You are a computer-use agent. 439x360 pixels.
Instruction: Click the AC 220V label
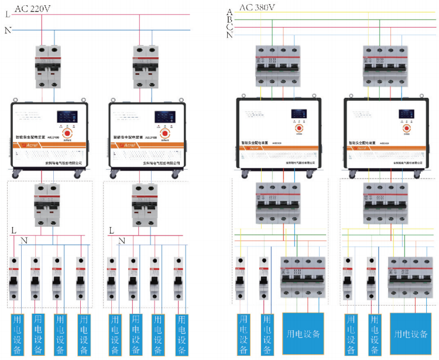pos(32,7)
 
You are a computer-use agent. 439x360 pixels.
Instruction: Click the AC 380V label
pos(258,7)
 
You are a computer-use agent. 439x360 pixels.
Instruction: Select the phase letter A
pos(229,12)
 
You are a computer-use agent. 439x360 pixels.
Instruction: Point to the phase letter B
pos(229,19)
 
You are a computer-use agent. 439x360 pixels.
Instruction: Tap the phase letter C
pos(229,27)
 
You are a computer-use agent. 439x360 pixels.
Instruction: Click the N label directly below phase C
pos(229,35)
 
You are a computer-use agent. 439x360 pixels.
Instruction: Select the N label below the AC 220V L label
pos(8,30)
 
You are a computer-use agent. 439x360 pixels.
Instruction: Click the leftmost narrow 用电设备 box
pos(17,334)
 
